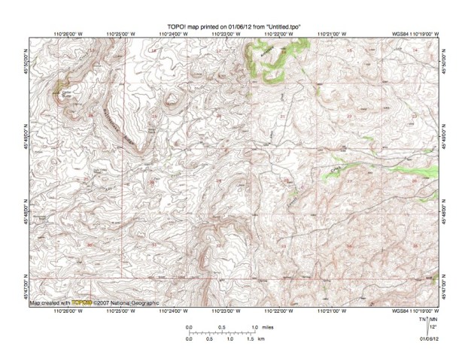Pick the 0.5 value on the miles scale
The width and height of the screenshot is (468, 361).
(x=222, y=327)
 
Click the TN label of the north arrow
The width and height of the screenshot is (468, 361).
(x=424, y=320)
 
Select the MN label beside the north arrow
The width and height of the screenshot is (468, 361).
(x=433, y=320)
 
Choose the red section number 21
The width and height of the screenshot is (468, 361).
(x=282, y=117)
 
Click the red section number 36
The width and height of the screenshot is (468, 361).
(x=90, y=243)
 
